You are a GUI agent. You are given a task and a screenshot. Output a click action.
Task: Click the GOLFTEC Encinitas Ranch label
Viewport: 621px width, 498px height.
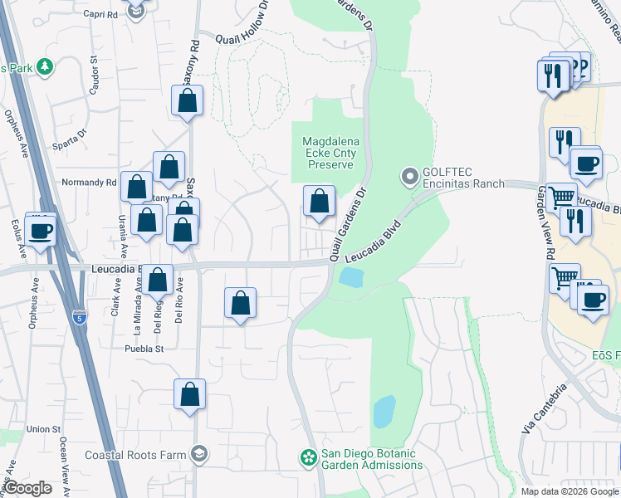point(463,178)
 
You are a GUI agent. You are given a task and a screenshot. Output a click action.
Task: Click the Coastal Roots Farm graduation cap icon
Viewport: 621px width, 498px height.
point(198,454)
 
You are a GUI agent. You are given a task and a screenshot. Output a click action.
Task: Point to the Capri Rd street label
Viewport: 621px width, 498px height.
point(100,14)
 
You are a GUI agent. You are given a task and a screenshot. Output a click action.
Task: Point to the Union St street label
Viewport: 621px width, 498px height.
point(43,429)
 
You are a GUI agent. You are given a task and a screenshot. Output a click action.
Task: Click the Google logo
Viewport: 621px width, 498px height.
point(27,488)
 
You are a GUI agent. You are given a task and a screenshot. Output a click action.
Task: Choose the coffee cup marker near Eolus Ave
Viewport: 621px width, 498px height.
point(40,231)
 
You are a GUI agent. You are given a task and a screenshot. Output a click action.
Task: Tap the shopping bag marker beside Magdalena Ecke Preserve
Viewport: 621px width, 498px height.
point(319,201)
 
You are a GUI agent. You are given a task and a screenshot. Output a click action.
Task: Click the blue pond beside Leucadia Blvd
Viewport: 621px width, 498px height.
point(351,277)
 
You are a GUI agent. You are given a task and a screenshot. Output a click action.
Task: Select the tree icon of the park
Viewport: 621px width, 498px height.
point(42,66)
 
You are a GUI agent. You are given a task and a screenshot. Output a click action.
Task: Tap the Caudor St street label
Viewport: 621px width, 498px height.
point(94,75)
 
